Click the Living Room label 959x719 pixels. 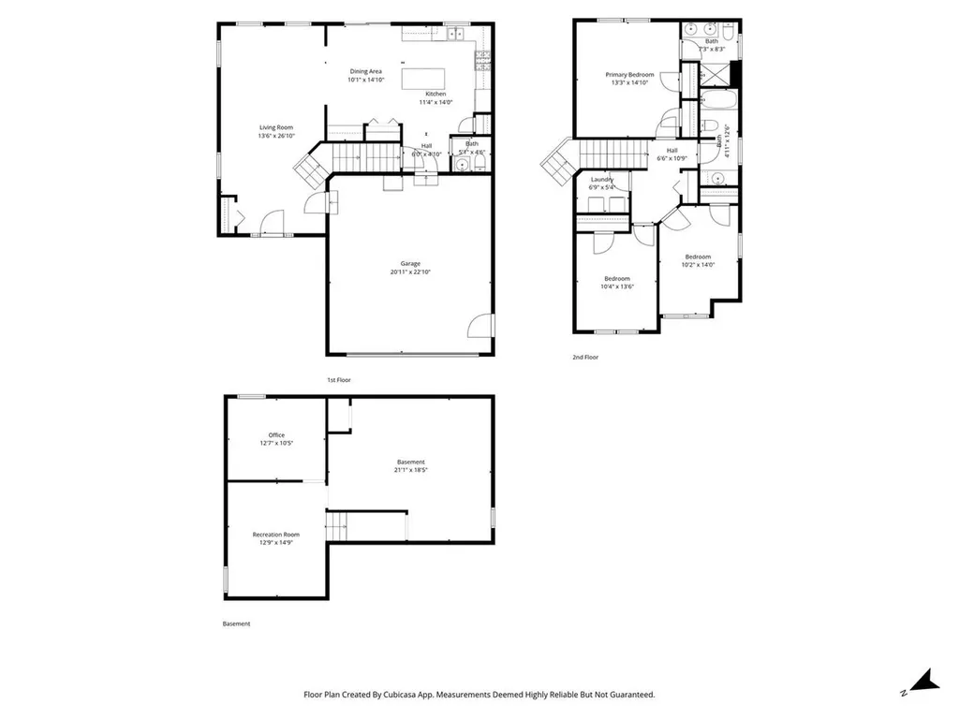coord(276,127)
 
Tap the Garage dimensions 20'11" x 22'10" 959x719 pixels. coord(411,272)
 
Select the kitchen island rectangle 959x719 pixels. coord(423,79)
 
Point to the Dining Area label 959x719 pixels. coord(365,71)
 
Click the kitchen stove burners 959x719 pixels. coord(483,62)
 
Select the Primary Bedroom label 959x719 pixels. coord(629,74)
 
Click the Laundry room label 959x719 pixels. coord(601,179)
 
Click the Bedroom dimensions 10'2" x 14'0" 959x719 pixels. coord(698,265)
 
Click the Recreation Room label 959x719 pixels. coord(275,535)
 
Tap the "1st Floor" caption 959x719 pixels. coord(338,380)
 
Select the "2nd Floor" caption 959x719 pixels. coord(584,358)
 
